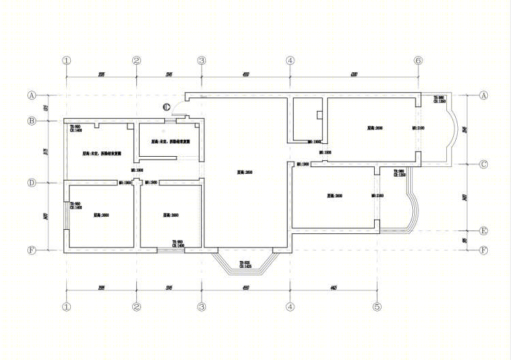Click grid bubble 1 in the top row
[x=66, y=61]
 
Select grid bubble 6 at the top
[x=418, y=61]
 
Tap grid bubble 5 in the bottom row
[x=376, y=307]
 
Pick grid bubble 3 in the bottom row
[x=202, y=307]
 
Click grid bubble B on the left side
[x=31, y=121]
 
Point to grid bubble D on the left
[x=31, y=183]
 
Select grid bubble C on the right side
[x=484, y=164]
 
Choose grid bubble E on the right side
[x=484, y=230]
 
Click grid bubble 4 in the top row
[x=290, y=61]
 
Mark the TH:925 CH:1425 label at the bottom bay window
[x=245, y=264]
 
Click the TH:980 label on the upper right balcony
[x=439, y=100]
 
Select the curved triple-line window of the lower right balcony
[x=413, y=208]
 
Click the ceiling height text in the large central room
[x=245, y=172]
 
